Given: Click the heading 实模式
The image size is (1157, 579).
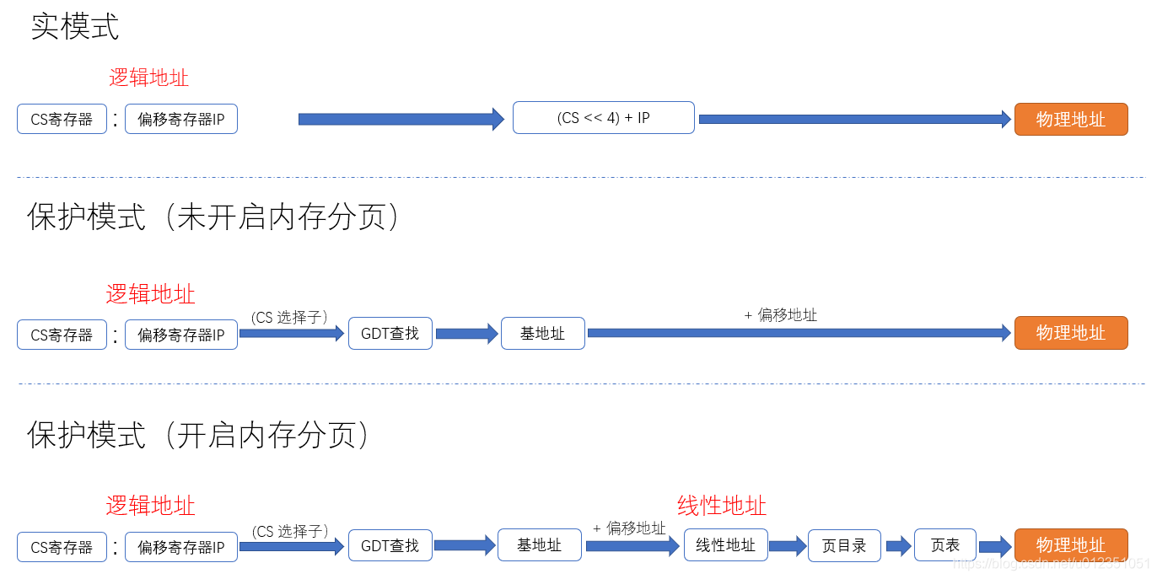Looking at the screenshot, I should (x=75, y=27).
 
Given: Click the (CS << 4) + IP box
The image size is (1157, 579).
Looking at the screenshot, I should (x=603, y=118).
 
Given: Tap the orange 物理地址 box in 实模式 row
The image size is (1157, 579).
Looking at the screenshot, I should (x=1070, y=119).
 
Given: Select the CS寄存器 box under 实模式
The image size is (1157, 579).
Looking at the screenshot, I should (x=62, y=119).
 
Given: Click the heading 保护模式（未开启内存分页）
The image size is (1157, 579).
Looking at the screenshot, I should (x=214, y=217).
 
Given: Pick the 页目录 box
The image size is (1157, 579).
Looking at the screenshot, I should (x=843, y=545).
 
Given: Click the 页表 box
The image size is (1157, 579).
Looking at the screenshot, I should (x=944, y=545).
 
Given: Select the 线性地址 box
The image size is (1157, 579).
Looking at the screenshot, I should (x=725, y=545).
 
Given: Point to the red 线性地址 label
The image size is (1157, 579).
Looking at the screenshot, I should (x=722, y=506).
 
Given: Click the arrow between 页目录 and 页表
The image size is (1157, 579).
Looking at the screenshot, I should (x=898, y=546).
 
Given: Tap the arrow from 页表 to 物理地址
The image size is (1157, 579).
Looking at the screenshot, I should (x=995, y=546).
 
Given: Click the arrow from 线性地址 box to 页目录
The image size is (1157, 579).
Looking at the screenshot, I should (x=788, y=546).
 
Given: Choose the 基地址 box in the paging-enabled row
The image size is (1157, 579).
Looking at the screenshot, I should (x=540, y=545).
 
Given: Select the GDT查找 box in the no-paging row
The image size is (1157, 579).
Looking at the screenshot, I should (x=390, y=334).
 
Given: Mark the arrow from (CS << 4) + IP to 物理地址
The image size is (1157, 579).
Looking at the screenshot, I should (x=854, y=119).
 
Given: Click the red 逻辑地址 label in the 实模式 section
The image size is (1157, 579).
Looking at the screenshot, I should (x=148, y=78).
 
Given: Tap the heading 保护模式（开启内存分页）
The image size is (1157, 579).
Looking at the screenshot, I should (x=199, y=435).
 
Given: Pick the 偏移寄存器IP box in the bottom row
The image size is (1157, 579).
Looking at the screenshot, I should (x=181, y=547).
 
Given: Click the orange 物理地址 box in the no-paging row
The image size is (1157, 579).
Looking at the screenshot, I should (x=1070, y=333).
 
